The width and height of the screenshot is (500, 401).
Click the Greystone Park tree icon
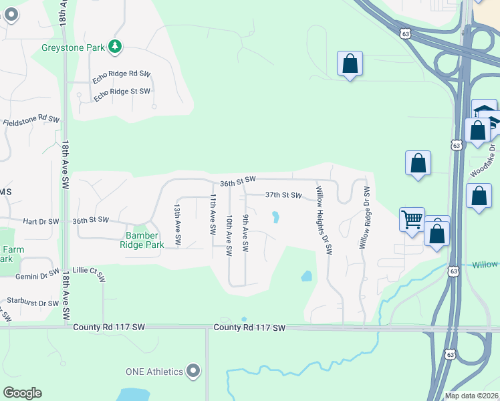point(116,46)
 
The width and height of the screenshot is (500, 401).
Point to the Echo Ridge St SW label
point(122,94)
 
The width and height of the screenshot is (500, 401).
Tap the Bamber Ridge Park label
point(142,240)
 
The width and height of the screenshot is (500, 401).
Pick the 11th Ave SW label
point(213,214)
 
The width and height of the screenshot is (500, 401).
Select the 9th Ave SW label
point(245,233)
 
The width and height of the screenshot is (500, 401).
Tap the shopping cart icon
point(412,219)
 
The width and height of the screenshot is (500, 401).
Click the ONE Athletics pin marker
point(194,370)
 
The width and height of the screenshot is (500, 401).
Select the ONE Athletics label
point(154,372)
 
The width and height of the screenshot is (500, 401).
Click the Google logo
point(22,393)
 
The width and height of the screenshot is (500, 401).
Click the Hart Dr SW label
point(41,221)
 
